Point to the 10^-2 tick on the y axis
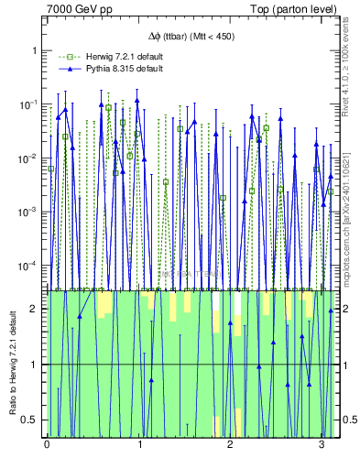27,158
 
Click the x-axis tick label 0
47,446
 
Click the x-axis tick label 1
138,446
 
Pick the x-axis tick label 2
230,446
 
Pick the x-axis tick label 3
321,446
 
